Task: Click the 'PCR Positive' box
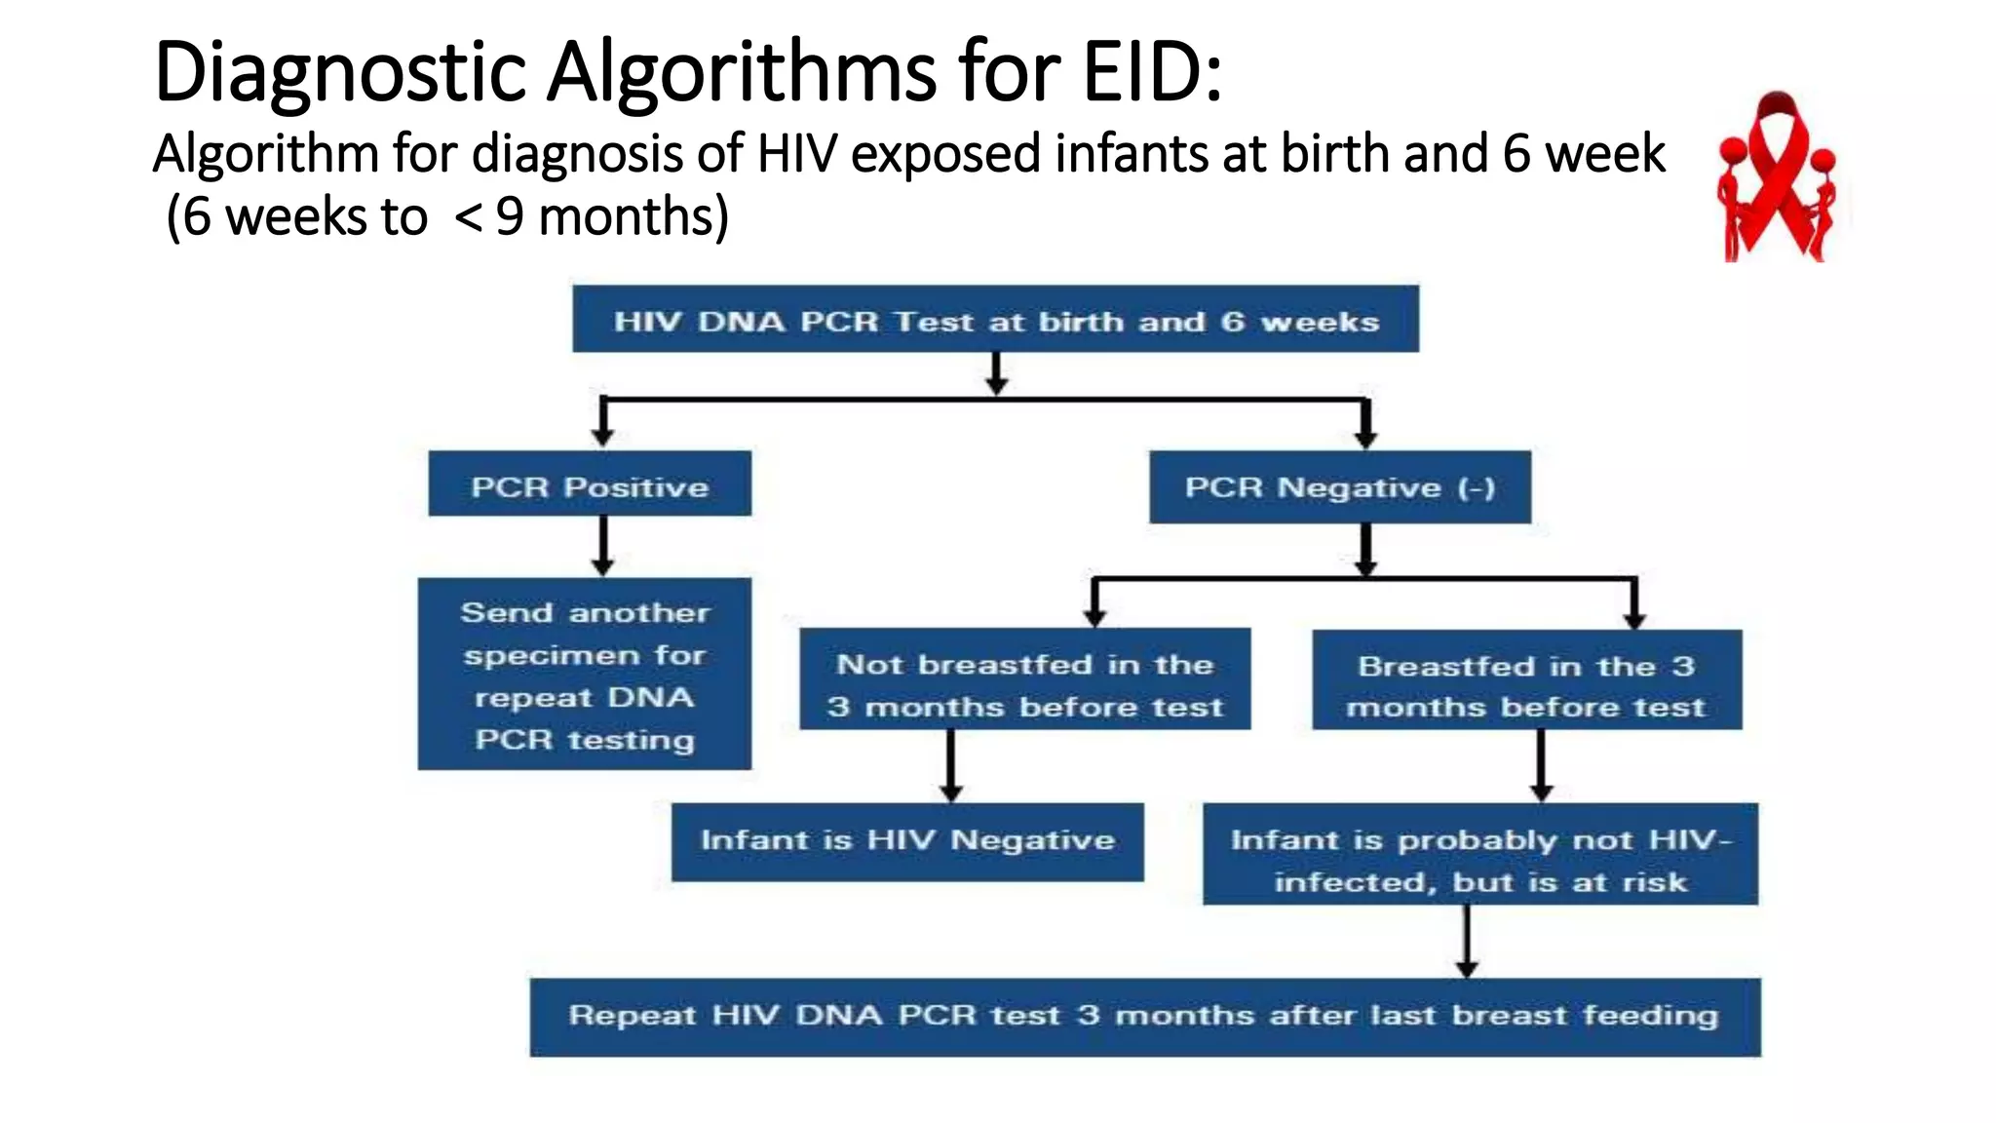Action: (x=590, y=484)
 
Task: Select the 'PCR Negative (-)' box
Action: (x=1340, y=486)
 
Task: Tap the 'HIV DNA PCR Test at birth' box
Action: (x=995, y=320)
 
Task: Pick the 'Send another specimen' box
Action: (x=585, y=675)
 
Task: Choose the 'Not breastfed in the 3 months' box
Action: (x=1024, y=680)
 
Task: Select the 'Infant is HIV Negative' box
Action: (x=907, y=841)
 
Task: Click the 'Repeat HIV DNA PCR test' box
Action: (x=1144, y=1017)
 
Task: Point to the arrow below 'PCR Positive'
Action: (x=603, y=546)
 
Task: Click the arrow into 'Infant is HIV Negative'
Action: (x=951, y=766)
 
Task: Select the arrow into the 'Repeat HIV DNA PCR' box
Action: (x=1467, y=941)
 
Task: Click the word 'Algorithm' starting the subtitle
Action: (x=265, y=154)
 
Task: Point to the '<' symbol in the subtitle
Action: (x=469, y=216)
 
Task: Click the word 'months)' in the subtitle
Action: (x=633, y=216)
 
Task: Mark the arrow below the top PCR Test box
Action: (x=995, y=372)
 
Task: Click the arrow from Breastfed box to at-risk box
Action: (x=1541, y=766)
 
